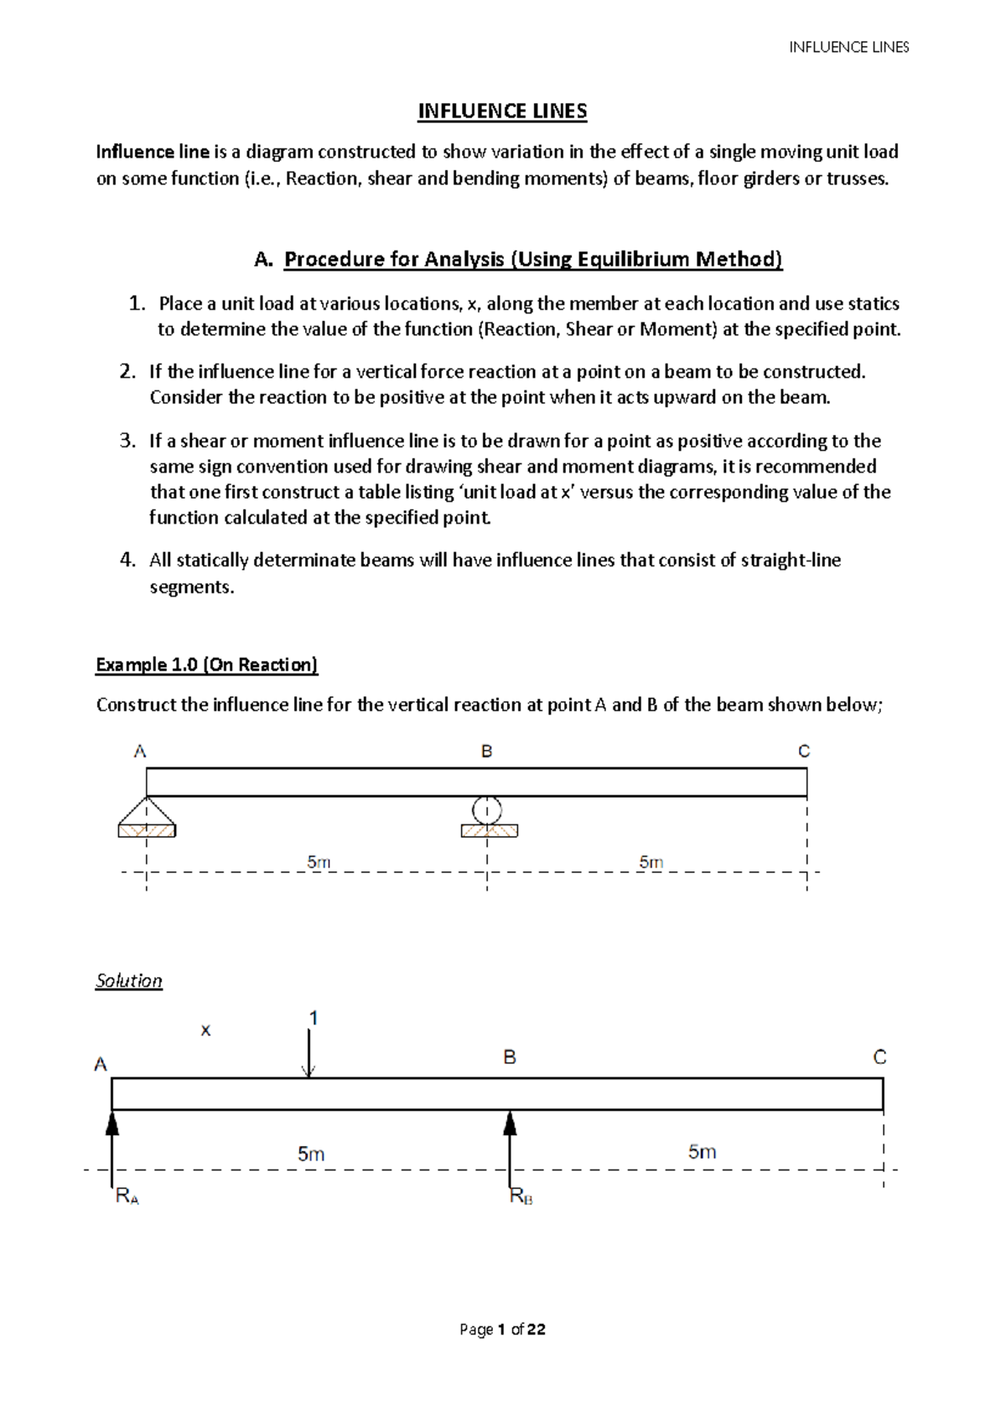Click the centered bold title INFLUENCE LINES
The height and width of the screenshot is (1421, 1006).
tap(502, 111)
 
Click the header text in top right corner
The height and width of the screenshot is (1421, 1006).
tap(848, 48)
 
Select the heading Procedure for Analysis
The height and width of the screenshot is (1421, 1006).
tap(532, 259)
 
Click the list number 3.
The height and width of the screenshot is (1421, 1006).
tap(127, 441)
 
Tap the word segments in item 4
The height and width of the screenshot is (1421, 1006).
tap(191, 586)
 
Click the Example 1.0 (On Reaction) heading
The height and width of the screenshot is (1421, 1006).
tap(206, 665)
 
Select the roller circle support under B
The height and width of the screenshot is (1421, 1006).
tap(487, 810)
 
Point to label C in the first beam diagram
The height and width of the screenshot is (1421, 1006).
tap(803, 752)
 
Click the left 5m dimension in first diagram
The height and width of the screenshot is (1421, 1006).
tap(319, 861)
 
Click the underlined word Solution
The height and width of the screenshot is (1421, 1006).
tap(128, 981)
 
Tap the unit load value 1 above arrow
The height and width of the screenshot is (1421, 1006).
tap(313, 1018)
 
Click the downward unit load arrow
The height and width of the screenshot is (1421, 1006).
tap(309, 1053)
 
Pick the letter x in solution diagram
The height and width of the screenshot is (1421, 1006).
tap(205, 1031)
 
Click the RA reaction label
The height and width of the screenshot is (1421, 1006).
tap(127, 1197)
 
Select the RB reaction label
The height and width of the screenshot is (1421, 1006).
tap(521, 1197)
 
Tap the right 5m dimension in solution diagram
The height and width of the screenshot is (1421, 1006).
tap(702, 1152)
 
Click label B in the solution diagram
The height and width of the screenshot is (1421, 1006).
tap(509, 1058)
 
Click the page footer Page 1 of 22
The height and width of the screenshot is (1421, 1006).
tap(502, 1330)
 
